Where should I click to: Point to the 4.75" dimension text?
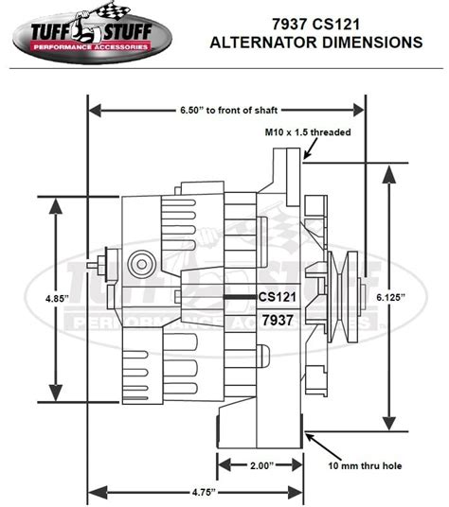tap(198, 493)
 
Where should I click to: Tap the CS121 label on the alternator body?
tap(278, 296)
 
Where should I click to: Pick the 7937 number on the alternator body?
tap(278, 320)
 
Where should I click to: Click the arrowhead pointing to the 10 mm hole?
tap(312, 436)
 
